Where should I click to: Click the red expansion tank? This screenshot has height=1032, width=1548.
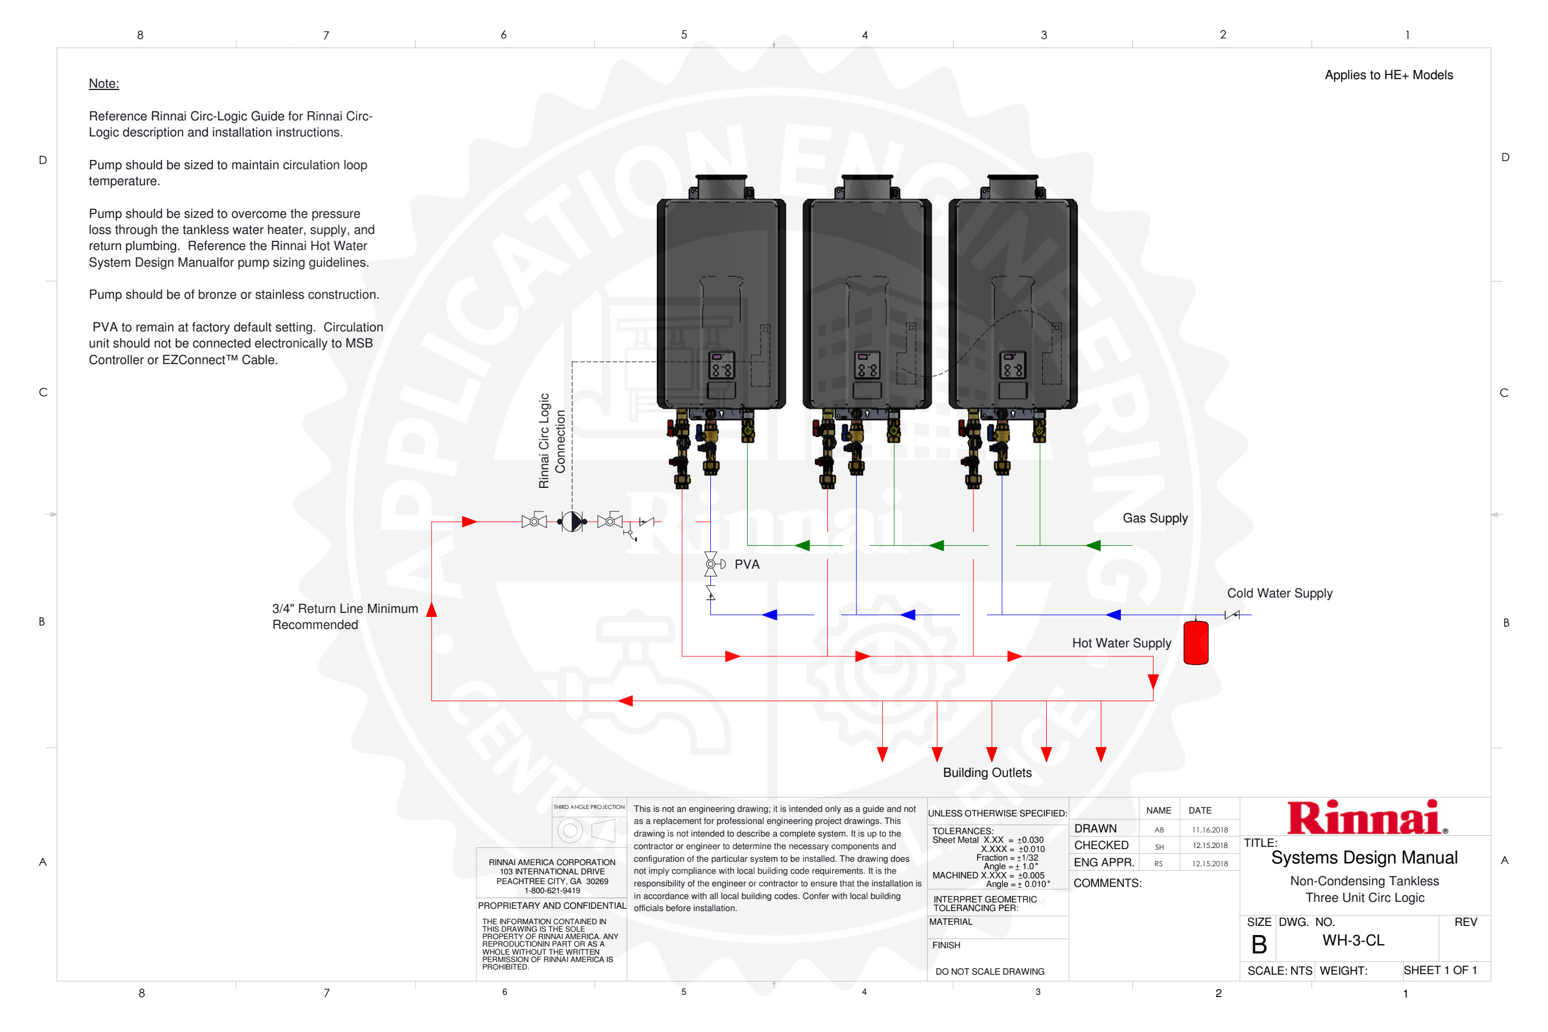1195,642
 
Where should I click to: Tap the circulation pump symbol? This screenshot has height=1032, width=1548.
572,521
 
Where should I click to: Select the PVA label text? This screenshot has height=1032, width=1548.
746,564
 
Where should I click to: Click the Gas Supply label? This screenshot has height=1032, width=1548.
1155,518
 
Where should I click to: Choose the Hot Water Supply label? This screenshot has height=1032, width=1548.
1121,643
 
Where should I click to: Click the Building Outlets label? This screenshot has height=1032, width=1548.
987,773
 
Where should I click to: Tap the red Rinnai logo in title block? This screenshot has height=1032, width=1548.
1365,818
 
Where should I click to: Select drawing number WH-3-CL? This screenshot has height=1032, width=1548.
1352,940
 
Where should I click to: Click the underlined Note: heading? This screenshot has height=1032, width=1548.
104,84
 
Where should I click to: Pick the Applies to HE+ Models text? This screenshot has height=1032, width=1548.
1388,75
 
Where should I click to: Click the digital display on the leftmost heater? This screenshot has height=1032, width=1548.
721,365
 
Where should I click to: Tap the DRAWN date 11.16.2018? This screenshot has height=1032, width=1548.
1210,830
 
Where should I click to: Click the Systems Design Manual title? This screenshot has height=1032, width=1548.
1364,858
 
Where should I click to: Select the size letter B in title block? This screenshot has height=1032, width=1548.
1258,944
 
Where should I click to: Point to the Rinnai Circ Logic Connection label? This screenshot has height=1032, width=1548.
552,441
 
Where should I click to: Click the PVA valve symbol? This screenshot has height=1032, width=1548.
711,564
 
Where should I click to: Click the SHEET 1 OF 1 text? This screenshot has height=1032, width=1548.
1440,970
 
